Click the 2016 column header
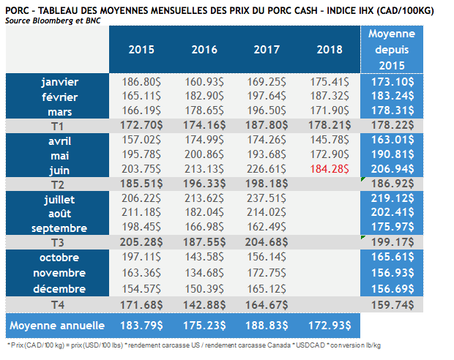pos(204,50)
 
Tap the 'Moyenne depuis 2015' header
pos(391,50)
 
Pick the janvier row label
pos(59,82)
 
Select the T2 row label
pos(59,184)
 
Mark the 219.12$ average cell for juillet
pos(391,199)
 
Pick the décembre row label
pos(59,287)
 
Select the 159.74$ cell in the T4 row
pos(391,301)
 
